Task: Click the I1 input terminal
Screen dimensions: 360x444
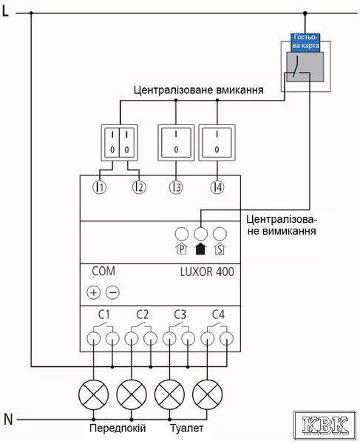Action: tap(100, 187)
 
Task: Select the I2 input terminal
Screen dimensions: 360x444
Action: tap(139, 187)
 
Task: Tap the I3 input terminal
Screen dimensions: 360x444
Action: tap(176, 187)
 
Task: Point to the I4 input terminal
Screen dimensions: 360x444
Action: tap(217, 187)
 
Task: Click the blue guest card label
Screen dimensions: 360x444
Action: tap(305, 42)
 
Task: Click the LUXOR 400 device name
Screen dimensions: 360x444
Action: tap(207, 272)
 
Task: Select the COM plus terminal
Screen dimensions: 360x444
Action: tap(94, 292)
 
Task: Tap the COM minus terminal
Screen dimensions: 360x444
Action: tap(112, 292)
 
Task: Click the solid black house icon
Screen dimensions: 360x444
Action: tap(200, 249)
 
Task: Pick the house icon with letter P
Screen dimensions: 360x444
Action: tap(182, 249)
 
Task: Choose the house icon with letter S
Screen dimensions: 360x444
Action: tap(220, 249)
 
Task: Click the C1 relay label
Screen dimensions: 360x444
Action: tap(103, 314)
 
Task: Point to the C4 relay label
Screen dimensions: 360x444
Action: tap(219, 314)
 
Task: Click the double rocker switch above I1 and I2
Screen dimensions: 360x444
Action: tap(120, 143)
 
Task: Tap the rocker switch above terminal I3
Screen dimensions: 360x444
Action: tap(176, 143)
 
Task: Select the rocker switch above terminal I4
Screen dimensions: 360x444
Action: tap(217, 143)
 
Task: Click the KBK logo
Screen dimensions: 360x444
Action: tap(325, 425)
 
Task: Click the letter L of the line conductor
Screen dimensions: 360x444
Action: tap(5, 11)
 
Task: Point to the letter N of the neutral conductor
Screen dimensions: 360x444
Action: tap(8, 420)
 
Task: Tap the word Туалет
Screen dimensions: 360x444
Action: tap(186, 428)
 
